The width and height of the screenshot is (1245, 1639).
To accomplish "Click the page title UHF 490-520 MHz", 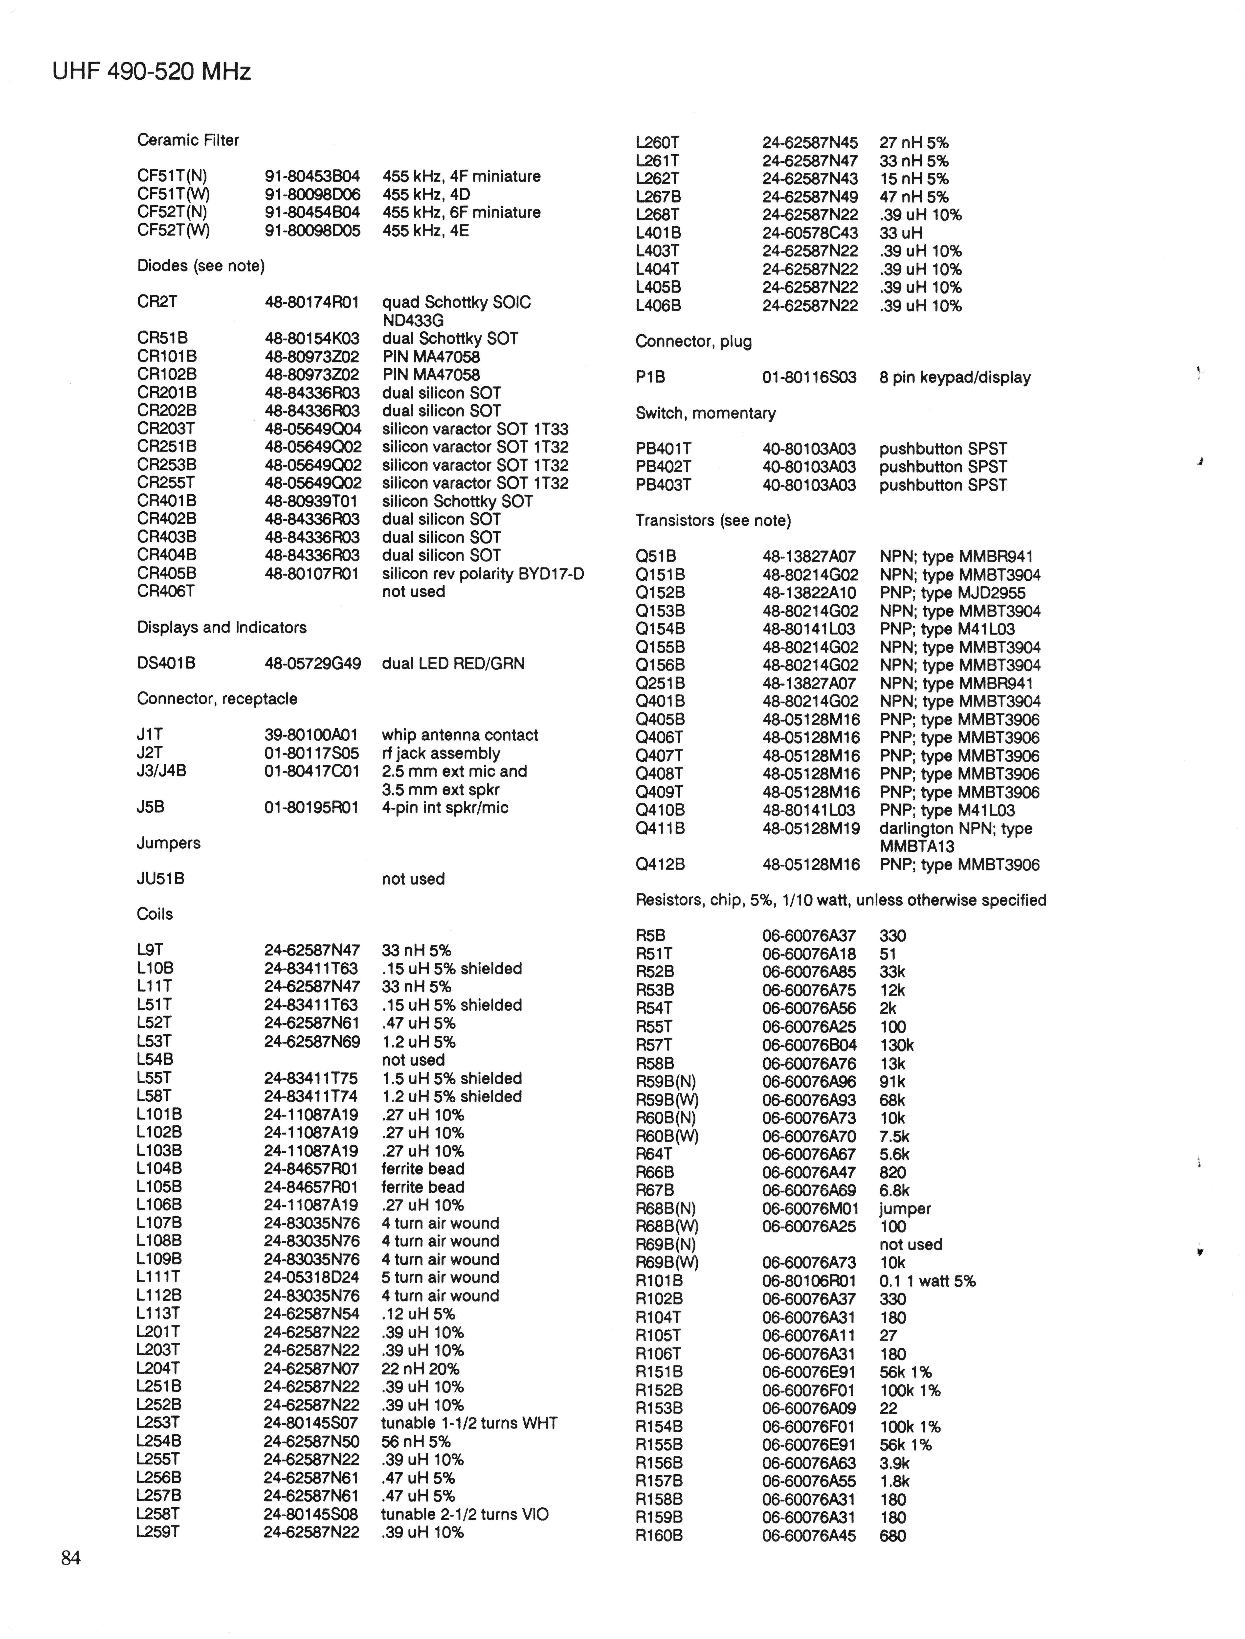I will tap(152, 72).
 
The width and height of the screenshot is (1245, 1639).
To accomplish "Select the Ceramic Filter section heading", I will tap(188, 140).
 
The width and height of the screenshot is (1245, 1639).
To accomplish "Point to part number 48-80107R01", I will tap(312, 573).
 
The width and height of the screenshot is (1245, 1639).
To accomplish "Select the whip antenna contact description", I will tap(460, 735).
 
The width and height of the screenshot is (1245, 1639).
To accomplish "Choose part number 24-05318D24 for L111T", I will tap(311, 1277).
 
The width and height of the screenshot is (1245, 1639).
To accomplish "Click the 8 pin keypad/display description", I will tap(955, 377).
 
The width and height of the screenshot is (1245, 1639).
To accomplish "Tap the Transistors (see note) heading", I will tap(713, 520).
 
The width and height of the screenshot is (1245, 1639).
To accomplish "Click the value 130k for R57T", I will tap(897, 1045).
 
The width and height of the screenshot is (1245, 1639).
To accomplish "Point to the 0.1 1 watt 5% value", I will tap(927, 1281).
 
